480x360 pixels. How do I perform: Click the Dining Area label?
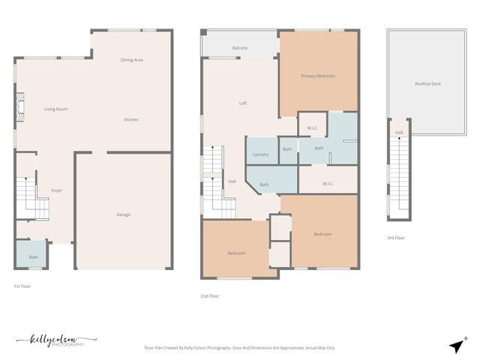[x=132, y=59]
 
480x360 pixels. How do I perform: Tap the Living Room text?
[x=55, y=109]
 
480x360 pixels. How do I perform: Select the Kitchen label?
[x=131, y=120]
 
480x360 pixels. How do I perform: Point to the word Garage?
[x=123, y=215]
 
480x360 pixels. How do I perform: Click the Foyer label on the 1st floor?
[x=56, y=190]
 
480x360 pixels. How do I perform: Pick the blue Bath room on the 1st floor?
[x=33, y=256]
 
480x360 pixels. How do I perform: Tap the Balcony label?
[x=240, y=48]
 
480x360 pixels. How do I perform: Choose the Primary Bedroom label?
[x=318, y=76]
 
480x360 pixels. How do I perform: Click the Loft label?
[x=243, y=103]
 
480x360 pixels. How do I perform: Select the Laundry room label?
[x=261, y=154]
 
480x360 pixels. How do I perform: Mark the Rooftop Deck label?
[x=427, y=83]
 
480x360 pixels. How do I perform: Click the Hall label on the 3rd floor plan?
[x=399, y=133]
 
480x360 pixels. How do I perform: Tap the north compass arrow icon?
[x=457, y=345]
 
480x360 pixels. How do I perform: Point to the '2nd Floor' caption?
[x=209, y=295]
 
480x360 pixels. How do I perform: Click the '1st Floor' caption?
[x=22, y=286]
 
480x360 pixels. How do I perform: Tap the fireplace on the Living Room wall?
[x=20, y=109]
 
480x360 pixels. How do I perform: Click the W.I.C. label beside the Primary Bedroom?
[x=313, y=128]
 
